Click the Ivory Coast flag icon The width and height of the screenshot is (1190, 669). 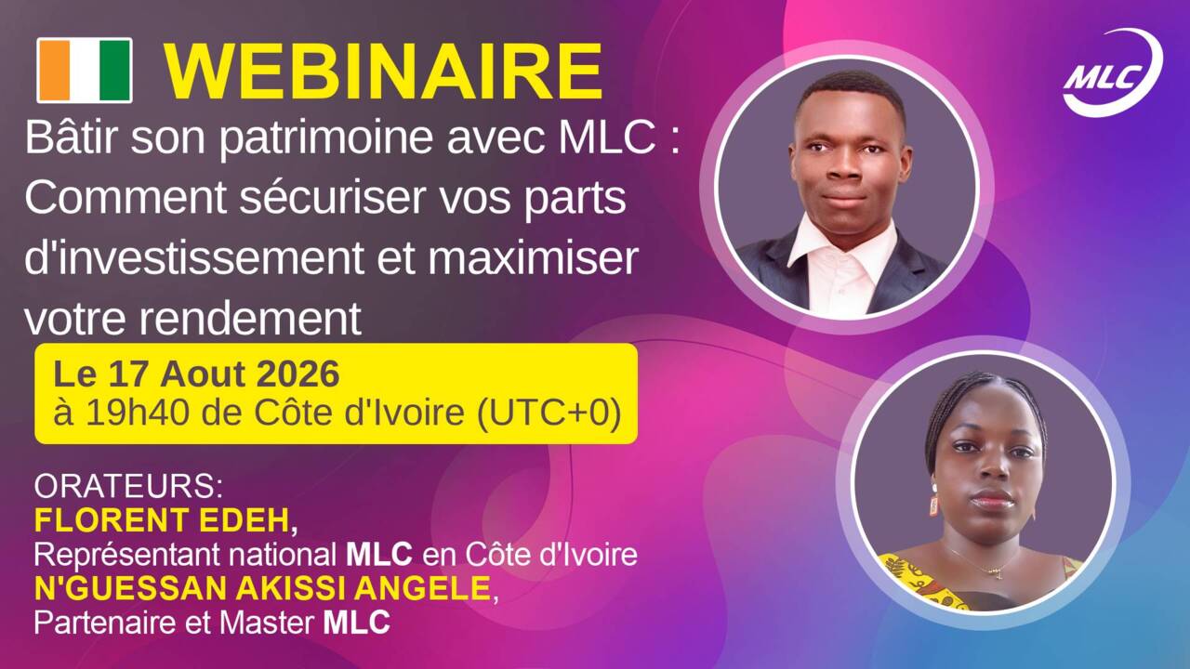85,70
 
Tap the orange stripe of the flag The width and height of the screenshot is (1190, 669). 54,70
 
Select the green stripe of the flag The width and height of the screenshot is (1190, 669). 115,70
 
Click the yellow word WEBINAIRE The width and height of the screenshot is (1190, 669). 384,72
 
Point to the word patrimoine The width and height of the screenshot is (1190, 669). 326,139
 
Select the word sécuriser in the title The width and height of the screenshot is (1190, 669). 332,198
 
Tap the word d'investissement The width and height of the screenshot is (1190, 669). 194,259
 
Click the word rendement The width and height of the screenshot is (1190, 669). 250,319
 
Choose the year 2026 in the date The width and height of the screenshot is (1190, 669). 297,374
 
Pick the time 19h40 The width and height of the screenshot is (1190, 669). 137,413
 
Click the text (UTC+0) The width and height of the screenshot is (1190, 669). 549,413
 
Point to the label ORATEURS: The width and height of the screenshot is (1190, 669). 128,486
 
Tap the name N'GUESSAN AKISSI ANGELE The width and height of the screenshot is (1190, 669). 262,588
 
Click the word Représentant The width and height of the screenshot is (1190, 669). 126,556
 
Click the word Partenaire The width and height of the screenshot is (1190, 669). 104,623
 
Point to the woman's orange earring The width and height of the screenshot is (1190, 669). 934,505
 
